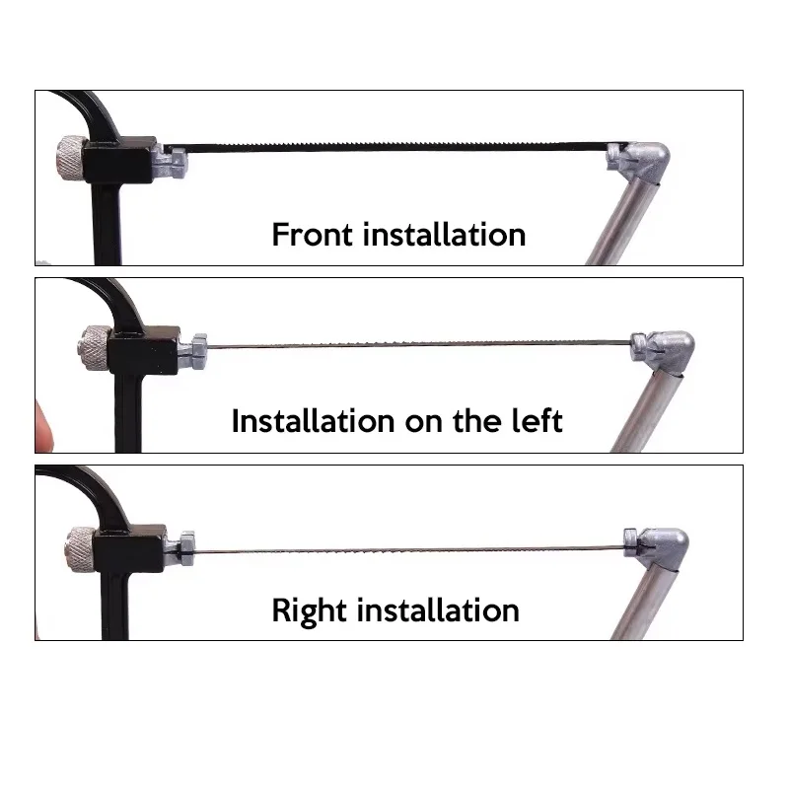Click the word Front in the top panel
(312, 235)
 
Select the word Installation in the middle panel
(313, 421)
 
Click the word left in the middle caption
(537, 421)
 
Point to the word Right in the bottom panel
(309, 611)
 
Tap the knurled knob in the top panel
(70, 157)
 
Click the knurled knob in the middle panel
(94, 347)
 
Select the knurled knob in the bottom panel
(81, 549)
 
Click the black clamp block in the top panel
(119, 160)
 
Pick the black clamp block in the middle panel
(144, 350)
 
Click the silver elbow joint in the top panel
(639, 162)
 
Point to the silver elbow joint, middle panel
(664, 352)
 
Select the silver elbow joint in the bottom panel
(657, 549)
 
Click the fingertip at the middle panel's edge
(43, 426)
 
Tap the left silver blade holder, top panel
(171, 160)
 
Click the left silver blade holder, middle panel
(193, 351)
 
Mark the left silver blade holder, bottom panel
(180, 548)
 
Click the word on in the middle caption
(424, 423)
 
